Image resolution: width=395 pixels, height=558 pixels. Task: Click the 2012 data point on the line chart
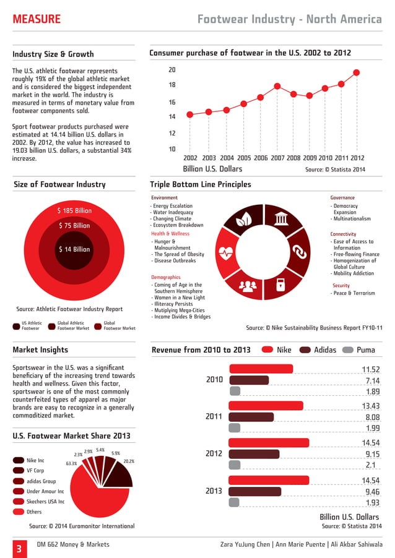point(357,72)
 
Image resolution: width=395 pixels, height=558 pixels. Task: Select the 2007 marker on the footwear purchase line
point(277,86)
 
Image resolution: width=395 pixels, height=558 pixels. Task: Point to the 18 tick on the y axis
point(172,85)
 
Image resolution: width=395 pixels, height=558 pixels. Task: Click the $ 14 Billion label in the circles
point(74,249)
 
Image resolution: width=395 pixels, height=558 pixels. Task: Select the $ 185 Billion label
point(74,211)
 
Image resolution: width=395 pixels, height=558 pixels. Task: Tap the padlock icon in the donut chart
point(280,285)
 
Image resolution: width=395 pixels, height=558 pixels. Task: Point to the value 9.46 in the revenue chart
point(372,492)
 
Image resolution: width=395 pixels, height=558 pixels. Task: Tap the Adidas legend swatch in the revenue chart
point(305,350)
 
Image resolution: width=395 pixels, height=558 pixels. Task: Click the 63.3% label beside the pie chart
point(71,463)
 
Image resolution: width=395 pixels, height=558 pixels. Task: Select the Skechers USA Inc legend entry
point(44,502)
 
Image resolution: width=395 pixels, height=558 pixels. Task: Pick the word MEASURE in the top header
point(37,20)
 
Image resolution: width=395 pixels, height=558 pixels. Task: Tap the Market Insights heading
point(40,350)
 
